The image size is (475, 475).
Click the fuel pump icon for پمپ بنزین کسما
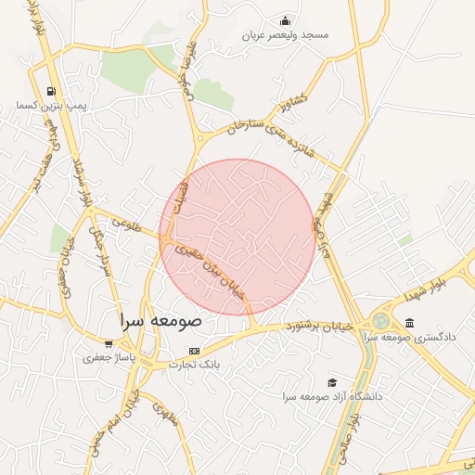click(49, 91)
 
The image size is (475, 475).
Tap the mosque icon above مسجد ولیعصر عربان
click(286, 20)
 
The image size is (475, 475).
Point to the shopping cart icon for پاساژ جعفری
click(109, 343)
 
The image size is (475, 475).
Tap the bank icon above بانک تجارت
click(193, 351)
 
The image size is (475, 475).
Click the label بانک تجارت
click(193, 365)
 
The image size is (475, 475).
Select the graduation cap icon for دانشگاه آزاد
click(332, 382)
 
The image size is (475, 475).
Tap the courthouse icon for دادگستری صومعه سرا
click(409, 322)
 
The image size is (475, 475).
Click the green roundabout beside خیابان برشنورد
click(380, 321)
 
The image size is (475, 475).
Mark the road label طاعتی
click(123, 224)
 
